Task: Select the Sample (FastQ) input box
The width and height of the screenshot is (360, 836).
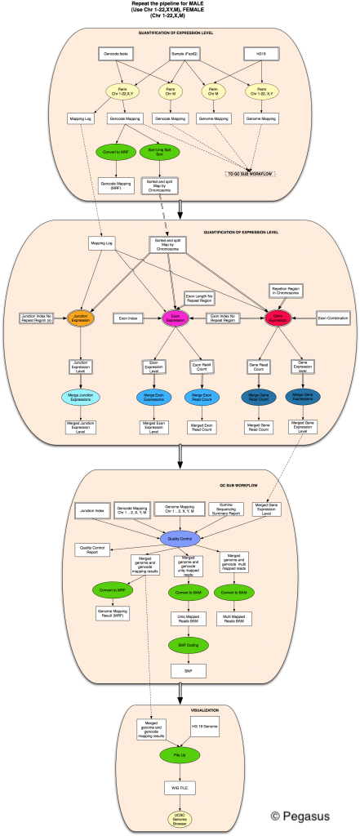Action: (186, 55)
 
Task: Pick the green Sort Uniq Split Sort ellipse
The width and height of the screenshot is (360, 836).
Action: (161, 151)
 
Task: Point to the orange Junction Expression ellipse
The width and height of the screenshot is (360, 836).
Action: (81, 317)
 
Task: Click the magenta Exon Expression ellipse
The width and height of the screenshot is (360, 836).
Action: (176, 317)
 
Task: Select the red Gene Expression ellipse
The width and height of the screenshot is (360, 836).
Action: (278, 317)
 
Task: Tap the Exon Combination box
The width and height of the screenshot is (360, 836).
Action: (332, 317)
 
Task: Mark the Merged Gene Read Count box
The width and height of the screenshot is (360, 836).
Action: (258, 427)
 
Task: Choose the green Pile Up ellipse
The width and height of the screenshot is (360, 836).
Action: (180, 755)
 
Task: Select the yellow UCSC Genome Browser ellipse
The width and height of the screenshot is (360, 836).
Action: (180, 817)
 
